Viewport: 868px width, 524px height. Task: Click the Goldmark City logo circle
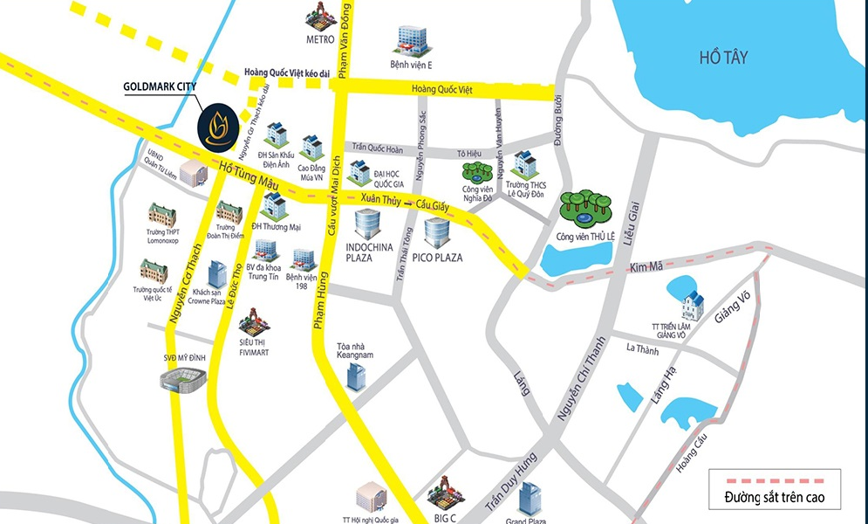click(217, 128)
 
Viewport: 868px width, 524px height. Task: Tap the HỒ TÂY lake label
click(723, 58)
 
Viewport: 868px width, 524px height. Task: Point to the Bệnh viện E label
click(412, 65)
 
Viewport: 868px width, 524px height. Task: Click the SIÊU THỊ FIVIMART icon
click(253, 321)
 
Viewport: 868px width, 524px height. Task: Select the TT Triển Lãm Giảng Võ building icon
click(693, 305)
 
